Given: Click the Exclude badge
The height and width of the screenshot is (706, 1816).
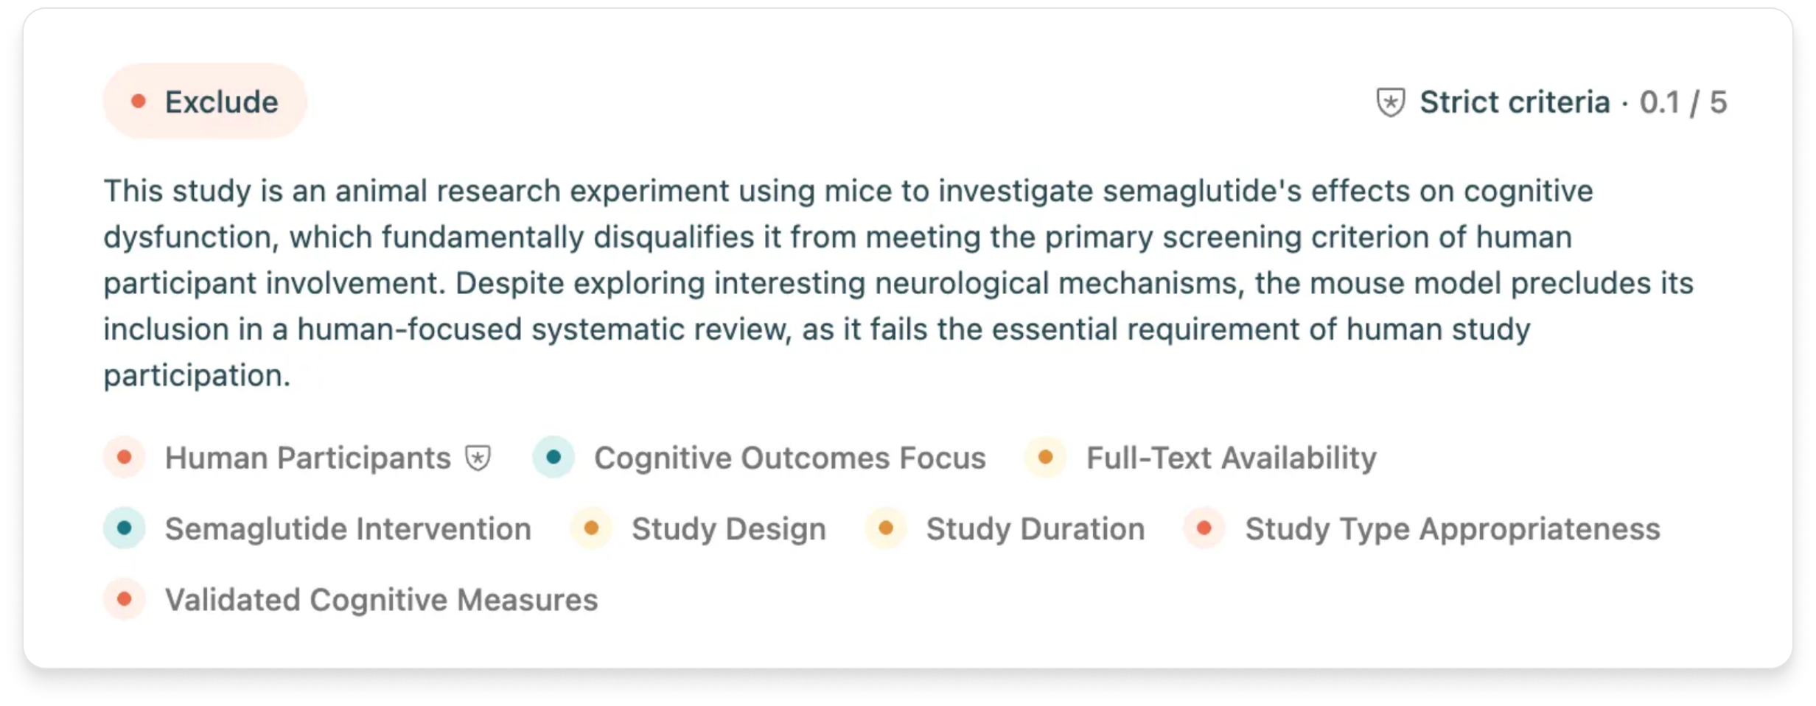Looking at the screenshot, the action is [x=205, y=102].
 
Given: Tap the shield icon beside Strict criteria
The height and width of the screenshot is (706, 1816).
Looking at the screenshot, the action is [x=1390, y=102].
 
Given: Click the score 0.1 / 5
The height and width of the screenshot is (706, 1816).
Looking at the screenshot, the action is [x=1683, y=102].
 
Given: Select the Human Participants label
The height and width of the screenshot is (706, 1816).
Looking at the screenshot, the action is [x=307, y=458].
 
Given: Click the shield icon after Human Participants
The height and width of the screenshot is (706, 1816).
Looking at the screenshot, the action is [x=478, y=458].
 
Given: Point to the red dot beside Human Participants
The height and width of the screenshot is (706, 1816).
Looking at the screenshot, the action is [x=125, y=458].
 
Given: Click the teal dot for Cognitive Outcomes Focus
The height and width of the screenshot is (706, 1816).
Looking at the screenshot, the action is [x=553, y=458].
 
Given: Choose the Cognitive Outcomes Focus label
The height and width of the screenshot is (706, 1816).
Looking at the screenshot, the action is [x=790, y=458].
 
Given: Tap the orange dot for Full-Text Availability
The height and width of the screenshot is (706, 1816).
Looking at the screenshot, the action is [x=1045, y=458].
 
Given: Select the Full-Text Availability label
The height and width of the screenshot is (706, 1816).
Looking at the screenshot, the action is [x=1232, y=458].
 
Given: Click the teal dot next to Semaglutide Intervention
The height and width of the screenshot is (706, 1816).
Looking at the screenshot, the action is [x=125, y=528].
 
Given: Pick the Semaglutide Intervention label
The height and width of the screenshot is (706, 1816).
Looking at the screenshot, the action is [x=348, y=528].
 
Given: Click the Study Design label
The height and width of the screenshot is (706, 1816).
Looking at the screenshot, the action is [x=729, y=529].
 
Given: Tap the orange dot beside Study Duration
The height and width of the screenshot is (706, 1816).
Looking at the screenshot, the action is [x=886, y=528].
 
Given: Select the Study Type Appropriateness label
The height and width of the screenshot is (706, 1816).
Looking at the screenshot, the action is [x=1453, y=529].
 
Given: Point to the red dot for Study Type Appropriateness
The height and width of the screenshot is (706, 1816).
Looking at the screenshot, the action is [x=1204, y=528].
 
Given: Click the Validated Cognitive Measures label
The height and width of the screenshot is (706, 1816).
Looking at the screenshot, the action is [x=381, y=600].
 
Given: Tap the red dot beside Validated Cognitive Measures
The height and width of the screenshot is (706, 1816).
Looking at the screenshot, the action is [x=125, y=599].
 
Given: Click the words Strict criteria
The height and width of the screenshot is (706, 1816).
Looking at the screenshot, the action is [x=1515, y=102].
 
